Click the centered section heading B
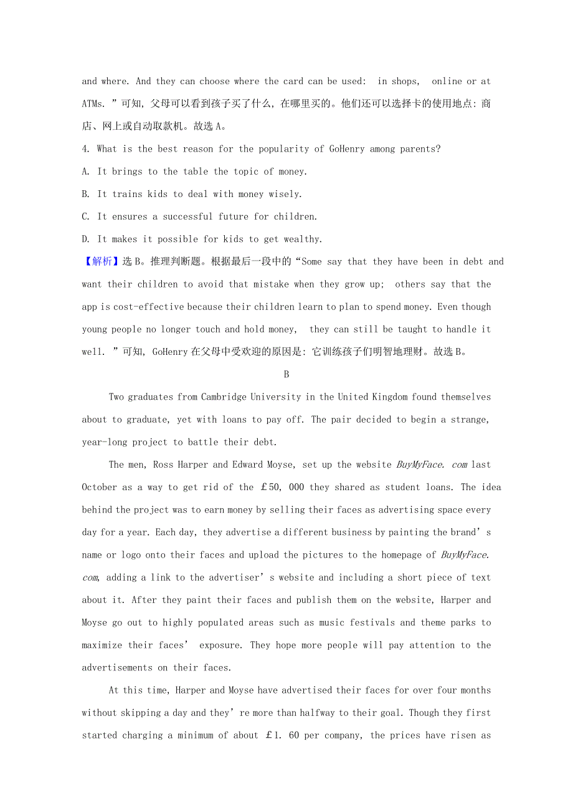tap(286, 374)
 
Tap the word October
tap(100, 487)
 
